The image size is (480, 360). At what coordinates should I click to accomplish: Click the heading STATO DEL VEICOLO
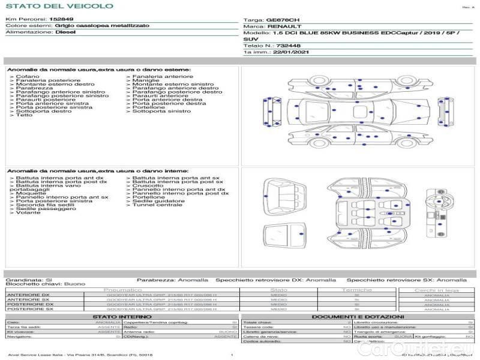59,6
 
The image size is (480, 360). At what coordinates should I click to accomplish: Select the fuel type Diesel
65,32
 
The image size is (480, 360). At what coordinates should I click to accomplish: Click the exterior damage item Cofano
28,77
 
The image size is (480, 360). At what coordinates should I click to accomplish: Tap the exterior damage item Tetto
25,115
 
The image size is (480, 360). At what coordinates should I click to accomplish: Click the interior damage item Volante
28,212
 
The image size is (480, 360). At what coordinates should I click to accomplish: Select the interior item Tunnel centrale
157,205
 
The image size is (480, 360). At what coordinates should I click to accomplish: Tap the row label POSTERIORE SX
29,309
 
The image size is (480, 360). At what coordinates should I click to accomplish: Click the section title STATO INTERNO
118,316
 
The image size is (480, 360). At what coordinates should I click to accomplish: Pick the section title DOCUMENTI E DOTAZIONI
358,316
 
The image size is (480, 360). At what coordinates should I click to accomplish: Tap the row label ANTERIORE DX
29,295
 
